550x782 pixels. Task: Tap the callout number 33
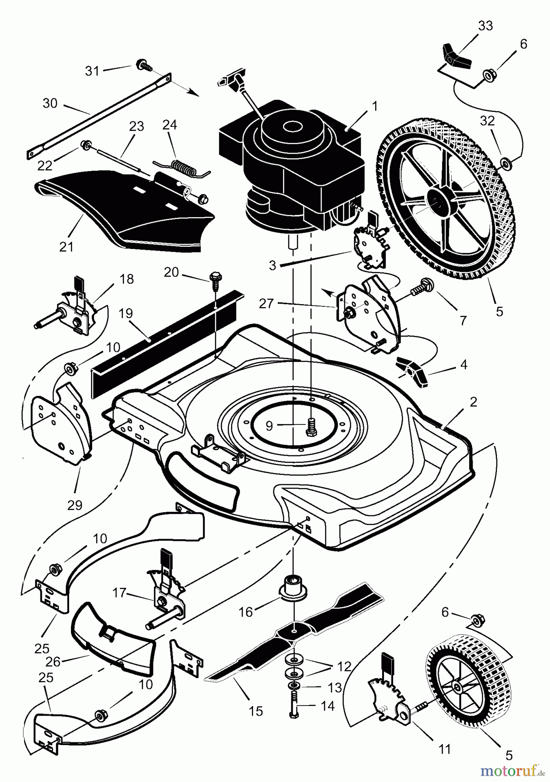(485, 26)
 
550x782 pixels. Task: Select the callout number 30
(50, 103)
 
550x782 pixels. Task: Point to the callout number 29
(75, 505)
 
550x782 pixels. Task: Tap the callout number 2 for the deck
(473, 401)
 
